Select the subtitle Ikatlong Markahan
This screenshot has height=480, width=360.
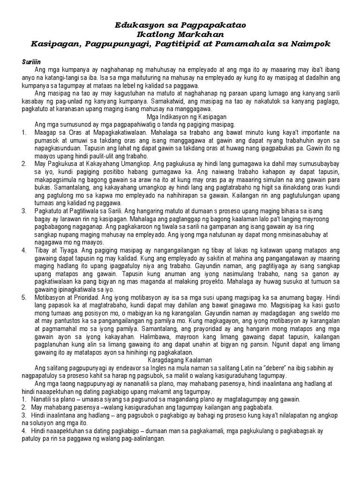pyautogui.click(x=180, y=34)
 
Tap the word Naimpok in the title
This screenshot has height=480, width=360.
pyautogui.click(x=314, y=44)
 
